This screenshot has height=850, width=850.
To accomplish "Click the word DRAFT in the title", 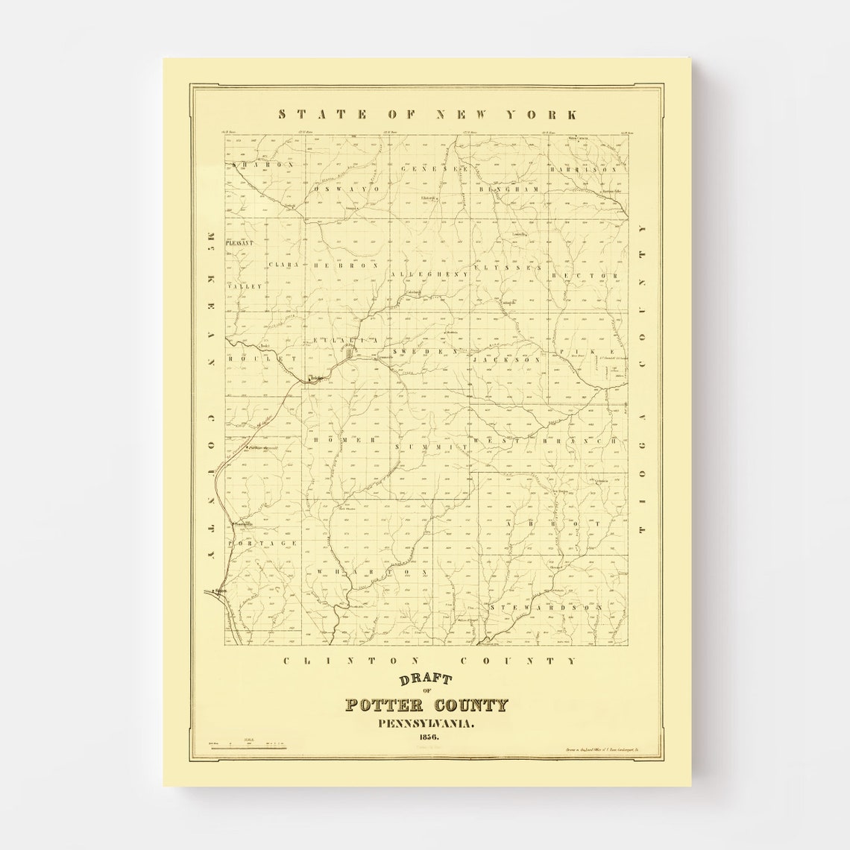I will tap(426, 680).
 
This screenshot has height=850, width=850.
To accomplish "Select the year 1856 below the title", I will tap(426, 737).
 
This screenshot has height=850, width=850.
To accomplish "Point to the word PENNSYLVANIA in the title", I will tap(426, 722).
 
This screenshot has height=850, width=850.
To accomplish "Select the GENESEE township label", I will tap(434, 169).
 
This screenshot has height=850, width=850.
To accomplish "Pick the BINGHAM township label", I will tap(509, 189).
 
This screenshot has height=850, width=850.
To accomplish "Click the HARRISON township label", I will tap(585, 169).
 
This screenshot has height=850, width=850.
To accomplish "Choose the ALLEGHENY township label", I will tap(429, 274).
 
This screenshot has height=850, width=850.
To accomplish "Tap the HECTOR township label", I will tap(585, 276).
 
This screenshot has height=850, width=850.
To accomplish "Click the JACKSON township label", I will tap(506, 359).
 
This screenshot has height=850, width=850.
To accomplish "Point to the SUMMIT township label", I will tap(426, 446).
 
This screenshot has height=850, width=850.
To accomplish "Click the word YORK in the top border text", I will tap(550, 114).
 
